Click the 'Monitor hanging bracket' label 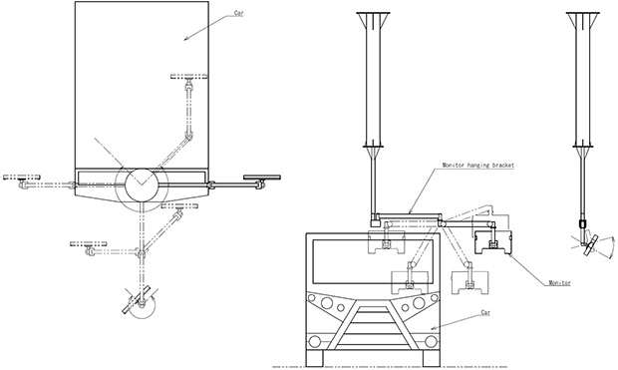tap(478, 166)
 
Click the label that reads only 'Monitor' tap(559, 283)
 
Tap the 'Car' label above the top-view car tap(239, 13)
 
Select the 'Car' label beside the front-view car tap(486, 313)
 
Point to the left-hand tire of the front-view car tap(315, 358)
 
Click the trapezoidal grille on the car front tap(372, 326)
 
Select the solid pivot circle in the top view tap(142, 185)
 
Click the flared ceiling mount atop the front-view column tap(373, 20)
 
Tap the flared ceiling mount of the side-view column tap(583, 20)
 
